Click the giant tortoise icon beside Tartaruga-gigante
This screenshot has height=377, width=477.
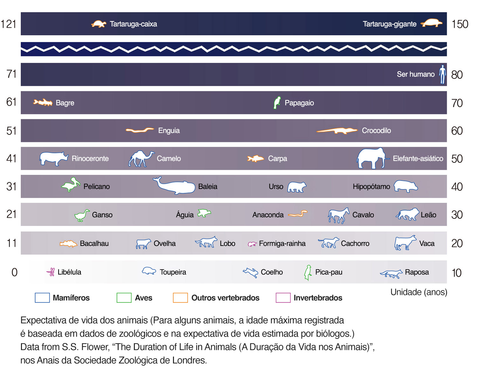pyautogui.click(x=432, y=23)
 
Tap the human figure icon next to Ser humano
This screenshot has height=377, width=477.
pyautogui.click(x=442, y=74)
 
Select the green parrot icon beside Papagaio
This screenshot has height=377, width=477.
pyautogui.click(x=277, y=103)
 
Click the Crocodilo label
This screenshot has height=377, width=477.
pyautogui.click(x=376, y=130)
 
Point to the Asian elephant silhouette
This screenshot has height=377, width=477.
pyautogui.click(x=371, y=158)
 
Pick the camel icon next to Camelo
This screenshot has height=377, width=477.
pyautogui.click(x=141, y=158)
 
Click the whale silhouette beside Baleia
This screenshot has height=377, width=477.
pyautogui.click(x=175, y=186)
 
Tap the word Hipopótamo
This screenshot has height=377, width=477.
pyautogui.click(x=371, y=186)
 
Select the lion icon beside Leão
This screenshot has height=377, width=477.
pyautogui.click(x=407, y=215)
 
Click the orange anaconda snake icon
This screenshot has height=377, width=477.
pyautogui.click(x=298, y=214)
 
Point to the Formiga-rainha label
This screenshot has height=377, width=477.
pyautogui.click(x=282, y=243)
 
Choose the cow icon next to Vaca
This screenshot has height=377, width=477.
pyautogui.click(x=405, y=243)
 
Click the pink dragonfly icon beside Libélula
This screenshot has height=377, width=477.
pyautogui.click(x=51, y=272)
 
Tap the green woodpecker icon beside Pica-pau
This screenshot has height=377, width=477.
pyautogui.click(x=308, y=273)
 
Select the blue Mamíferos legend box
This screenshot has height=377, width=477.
pyautogui.click(x=42, y=297)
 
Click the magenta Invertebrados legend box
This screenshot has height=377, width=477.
pyautogui.click(x=283, y=297)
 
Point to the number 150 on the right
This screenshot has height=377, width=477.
pyautogui.click(x=460, y=24)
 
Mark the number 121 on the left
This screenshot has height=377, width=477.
pyautogui.click(x=8, y=24)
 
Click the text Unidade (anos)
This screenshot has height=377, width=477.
pyautogui.click(x=418, y=292)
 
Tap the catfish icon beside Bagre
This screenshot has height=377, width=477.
pyautogui.click(x=43, y=102)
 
